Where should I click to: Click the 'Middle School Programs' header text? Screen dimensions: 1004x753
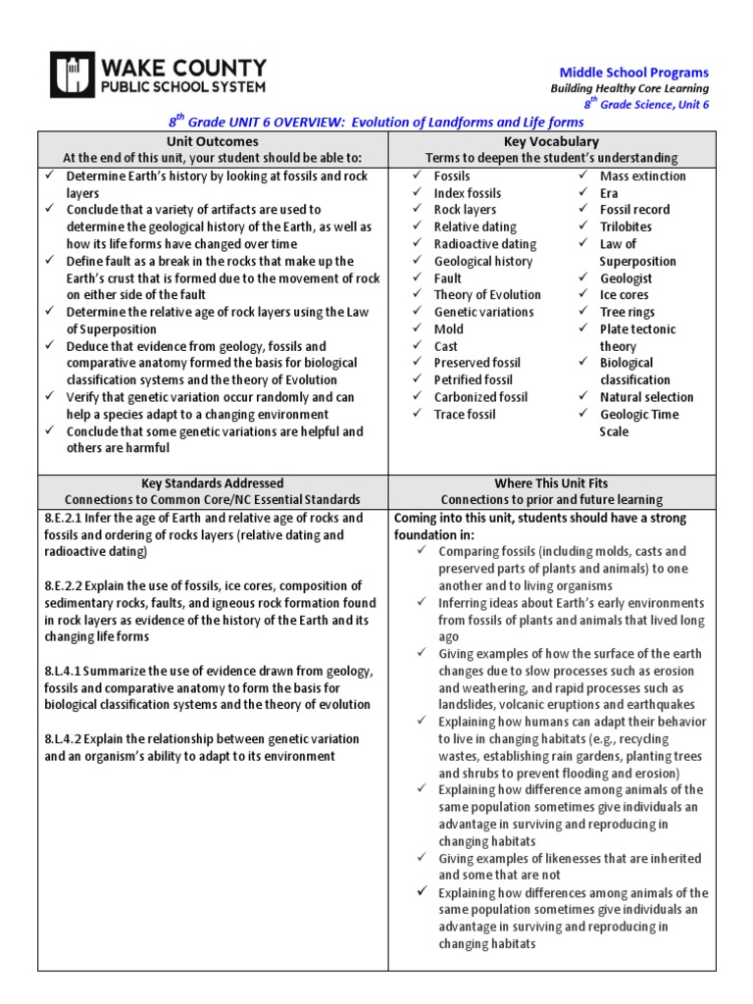click(x=633, y=73)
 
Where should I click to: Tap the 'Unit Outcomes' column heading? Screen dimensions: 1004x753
click(x=213, y=141)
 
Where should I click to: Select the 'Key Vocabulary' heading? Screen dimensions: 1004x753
click(x=550, y=141)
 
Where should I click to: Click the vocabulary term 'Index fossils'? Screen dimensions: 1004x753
click(x=467, y=193)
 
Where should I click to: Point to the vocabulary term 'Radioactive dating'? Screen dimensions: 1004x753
click(x=484, y=244)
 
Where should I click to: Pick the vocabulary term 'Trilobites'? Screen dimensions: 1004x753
click(x=626, y=226)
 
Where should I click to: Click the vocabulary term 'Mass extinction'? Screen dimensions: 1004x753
click(x=642, y=176)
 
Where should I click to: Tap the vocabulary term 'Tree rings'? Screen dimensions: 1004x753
click(x=627, y=312)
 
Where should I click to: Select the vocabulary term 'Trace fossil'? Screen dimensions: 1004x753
click(x=465, y=414)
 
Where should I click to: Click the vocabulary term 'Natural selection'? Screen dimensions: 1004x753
click(x=646, y=397)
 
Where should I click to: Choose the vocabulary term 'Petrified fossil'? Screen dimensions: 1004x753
click(x=473, y=379)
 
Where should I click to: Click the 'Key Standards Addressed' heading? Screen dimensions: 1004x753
click(x=213, y=483)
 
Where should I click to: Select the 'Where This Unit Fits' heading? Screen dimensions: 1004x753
click(x=550, y=483)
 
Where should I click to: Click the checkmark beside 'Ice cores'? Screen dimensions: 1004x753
click(x=583, y=295)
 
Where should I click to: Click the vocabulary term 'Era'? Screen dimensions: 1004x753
click(x=609, y=193)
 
